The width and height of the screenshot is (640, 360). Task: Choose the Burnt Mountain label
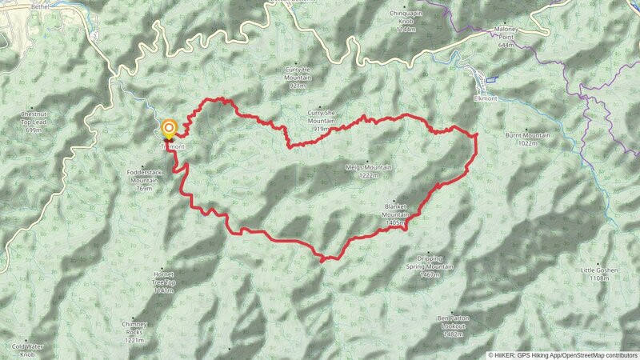(x=528, y=135)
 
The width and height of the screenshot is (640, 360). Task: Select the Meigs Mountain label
(x=368, y=167)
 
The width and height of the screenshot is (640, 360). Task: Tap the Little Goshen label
(x=599, y=270)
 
